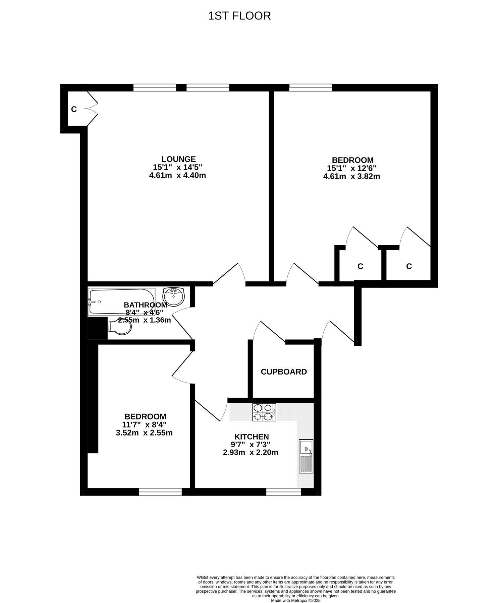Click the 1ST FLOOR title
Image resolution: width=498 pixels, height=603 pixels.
pyautogui.click(x=239, y=16)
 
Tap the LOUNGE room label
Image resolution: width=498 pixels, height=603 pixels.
pyautogui.click(x=178, y=159)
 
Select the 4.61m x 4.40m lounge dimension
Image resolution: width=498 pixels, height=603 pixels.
pyautogui.click(x=177, y=175)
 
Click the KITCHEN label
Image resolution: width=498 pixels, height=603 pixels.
pyautogui.click(x=252, y=437)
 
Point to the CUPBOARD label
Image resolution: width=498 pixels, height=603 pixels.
pyautogui.click(x=284, y=372)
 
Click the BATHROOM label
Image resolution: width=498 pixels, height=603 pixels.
pyautogui.click(x=145, y=305)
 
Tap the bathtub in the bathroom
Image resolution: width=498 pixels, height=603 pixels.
pyautogui.click(x=122, y=301)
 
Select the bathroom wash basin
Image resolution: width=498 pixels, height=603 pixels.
pyautogui.click(x=173, y=296)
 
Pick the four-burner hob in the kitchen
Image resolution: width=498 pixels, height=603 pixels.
pyautogui.click(x=264, y=412)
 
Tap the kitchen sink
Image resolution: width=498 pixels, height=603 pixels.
pyautogui.click(x=306, y=456)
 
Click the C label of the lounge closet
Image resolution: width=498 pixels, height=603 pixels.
pyautogui.click(x=74, y=109)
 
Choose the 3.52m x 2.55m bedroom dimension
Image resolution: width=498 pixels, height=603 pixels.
pyautogui.click(x=144, y=432)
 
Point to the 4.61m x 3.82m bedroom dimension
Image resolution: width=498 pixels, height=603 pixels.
pyautogui.click(x=351, y=176)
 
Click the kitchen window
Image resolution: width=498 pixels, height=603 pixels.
pyautogui.click(x=283, y=491)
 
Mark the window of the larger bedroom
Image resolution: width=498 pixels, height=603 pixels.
pyautogui.click(x=311, y=87)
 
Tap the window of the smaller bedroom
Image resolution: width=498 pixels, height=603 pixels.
pyautogui.click(x=160, y=491)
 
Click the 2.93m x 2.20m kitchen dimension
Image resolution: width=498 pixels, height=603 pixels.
pyautogui.click(x=251, y=453)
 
